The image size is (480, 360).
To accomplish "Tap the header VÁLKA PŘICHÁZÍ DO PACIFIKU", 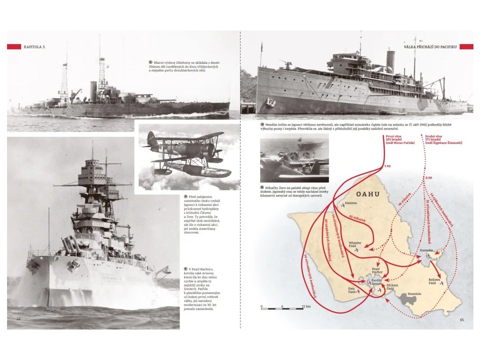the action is (x=430, y=47).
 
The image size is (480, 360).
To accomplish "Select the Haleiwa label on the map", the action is (x=351, y=203).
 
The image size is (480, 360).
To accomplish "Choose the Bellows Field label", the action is (x=435, y=281).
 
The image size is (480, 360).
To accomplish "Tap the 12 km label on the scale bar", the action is (x=306, y=306).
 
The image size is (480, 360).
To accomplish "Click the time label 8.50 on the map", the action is (x=428, y=178).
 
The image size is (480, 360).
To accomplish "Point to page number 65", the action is (x=462, y=320).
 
